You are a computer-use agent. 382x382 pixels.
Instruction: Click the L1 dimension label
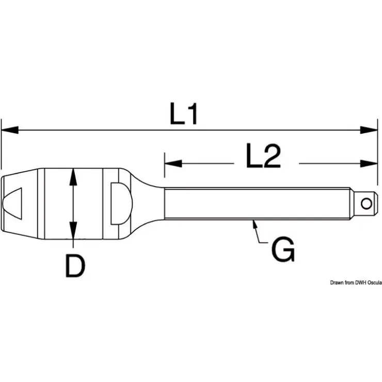point(183,114)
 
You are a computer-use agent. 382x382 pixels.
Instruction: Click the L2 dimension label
point(263,156)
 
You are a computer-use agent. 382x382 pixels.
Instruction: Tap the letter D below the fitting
point(75,265)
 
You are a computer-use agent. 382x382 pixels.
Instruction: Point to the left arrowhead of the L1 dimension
point(10,130)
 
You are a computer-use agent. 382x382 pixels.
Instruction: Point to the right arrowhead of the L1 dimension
point(369,130)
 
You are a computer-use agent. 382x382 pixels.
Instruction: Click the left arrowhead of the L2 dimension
point(173,164)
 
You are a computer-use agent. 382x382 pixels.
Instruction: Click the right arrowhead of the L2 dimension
point(369,164)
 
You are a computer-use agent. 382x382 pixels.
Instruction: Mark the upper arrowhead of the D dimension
point(73,178)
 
